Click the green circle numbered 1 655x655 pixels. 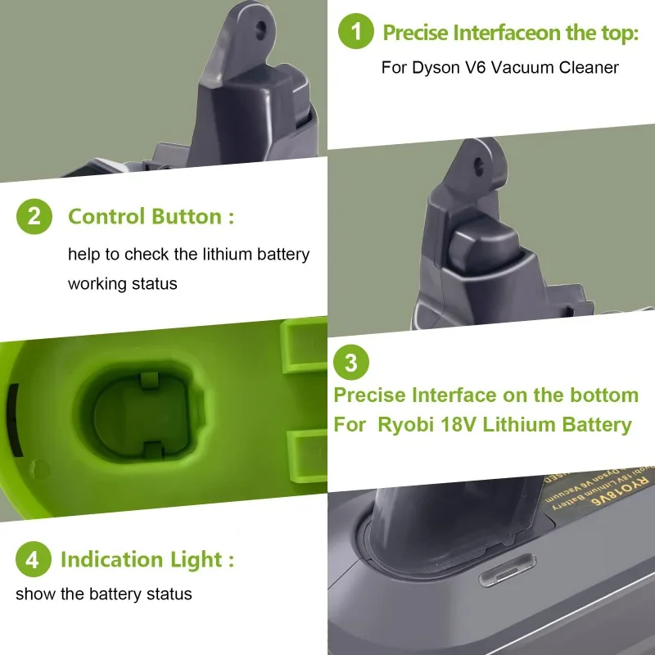point(356,32)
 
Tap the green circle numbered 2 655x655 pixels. point(34,217)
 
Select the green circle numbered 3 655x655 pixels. point(351,361)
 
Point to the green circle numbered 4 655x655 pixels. point(32,560)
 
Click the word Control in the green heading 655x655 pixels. point(105,217)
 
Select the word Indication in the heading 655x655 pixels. point(111,560)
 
